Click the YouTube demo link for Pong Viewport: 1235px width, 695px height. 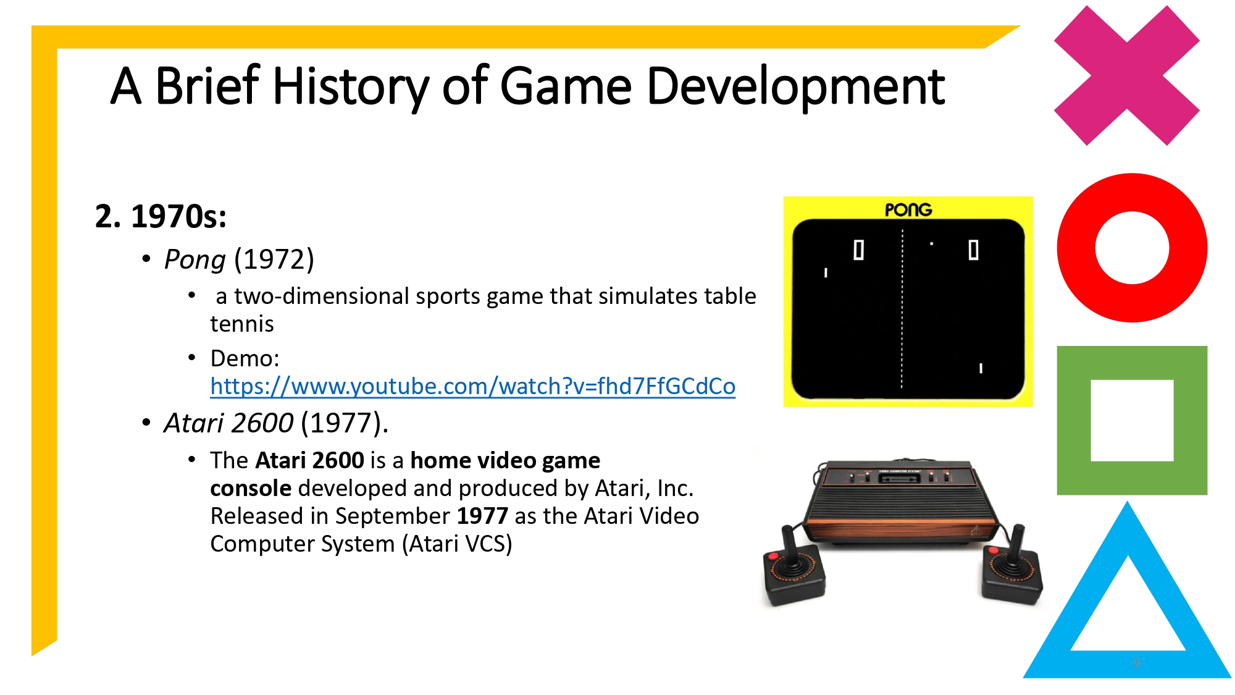pos(472,387)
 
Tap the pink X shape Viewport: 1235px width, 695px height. pos(1126,75)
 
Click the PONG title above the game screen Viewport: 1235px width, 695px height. pos(908,210)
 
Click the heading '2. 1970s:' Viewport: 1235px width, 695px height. pos(161,217)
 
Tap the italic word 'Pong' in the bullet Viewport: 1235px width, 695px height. pos(195,260)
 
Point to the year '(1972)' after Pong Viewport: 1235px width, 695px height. pos(274,260)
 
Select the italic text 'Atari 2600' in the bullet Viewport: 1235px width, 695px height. pos(228,424)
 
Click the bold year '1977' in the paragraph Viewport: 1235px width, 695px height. pos(482,516)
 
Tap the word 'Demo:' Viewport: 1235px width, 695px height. pos(245,359)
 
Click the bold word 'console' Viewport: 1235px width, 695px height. pos(250,489)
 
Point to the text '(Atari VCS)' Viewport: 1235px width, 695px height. pos(457,544)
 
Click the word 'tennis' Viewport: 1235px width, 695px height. pos(241,324)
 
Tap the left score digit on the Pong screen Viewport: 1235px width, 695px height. pos(858,250)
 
